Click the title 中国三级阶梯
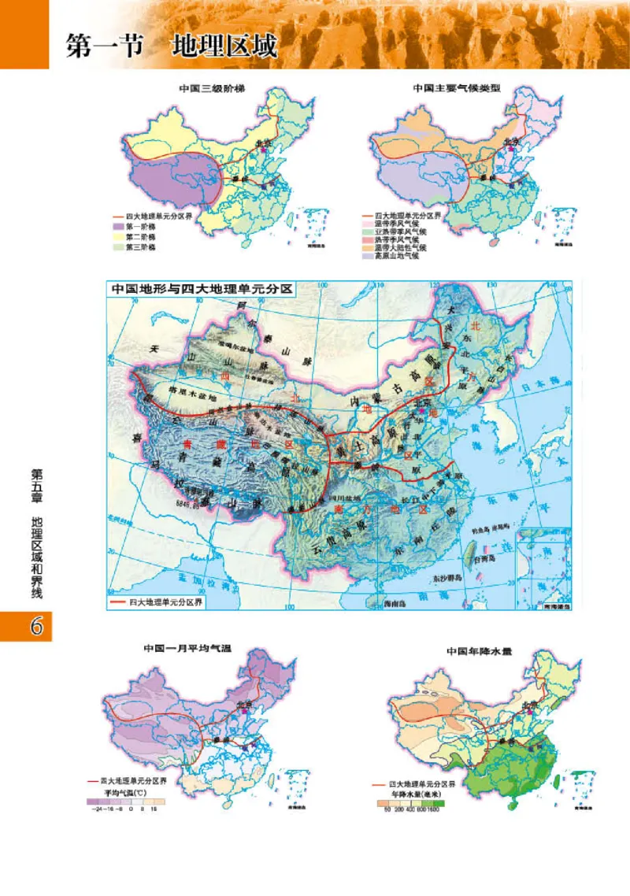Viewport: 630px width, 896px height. pos(209,89)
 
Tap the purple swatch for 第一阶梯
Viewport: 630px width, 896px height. pos(120,226)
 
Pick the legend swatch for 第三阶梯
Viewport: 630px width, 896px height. pos(120,247)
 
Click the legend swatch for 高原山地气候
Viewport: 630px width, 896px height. pos(366,256)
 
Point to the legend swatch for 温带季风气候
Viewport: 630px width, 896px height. pos(366,224)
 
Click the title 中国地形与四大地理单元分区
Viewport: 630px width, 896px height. pos(202,289)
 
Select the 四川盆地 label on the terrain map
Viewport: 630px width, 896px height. pos(345,499)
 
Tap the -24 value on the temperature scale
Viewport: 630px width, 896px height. pos(96,809)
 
